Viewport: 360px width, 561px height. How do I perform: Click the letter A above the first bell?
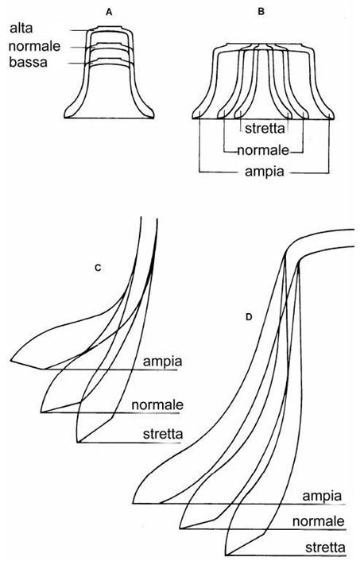pyautogui.click(x=109, y=12)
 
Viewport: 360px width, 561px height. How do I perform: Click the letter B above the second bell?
pyautogui.click(x=261, y=11)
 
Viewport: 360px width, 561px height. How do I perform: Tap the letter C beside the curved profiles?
pyautogui.click(x=98, y=268)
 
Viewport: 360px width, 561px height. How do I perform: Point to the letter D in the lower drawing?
pyautogui.click(x=249, y=316)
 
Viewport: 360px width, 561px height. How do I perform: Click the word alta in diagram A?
pyautogui.click(x=21, y=28)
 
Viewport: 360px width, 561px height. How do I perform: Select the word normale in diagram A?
pyautogui.click(x=34, y=46)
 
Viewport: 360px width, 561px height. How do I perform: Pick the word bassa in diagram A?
pyautogui.click(x=29, y=62)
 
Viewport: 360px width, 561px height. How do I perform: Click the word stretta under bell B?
pyautogui.click(x=265, y=128)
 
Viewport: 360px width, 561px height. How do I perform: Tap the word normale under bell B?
pyautogui.click(x=263, y=150)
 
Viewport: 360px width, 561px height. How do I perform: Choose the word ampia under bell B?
pyautogui.click(x=265, y=172)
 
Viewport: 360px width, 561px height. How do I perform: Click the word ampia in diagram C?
pyautogui.click(x=162, y=362)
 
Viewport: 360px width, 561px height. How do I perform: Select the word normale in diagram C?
pyautogui.click(x=157, y=405)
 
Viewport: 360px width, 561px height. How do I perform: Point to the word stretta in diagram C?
pyautogui.click(x=163, y=434)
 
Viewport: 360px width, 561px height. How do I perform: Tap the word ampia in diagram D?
pyautogui.click(x=322, y=497)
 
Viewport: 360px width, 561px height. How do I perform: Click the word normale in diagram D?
pyautogui.click(x=319, y=521)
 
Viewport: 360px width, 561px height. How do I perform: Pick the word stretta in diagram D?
pyautogui.click(x=325, y=547)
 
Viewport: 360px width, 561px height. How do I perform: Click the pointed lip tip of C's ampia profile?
pyautogui.click(x=11, y=360)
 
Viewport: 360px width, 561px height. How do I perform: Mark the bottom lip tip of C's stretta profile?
pyautogui.click(x=78, y=443)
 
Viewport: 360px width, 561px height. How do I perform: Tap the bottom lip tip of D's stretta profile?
pyautogui.click(x=226, y=555)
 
